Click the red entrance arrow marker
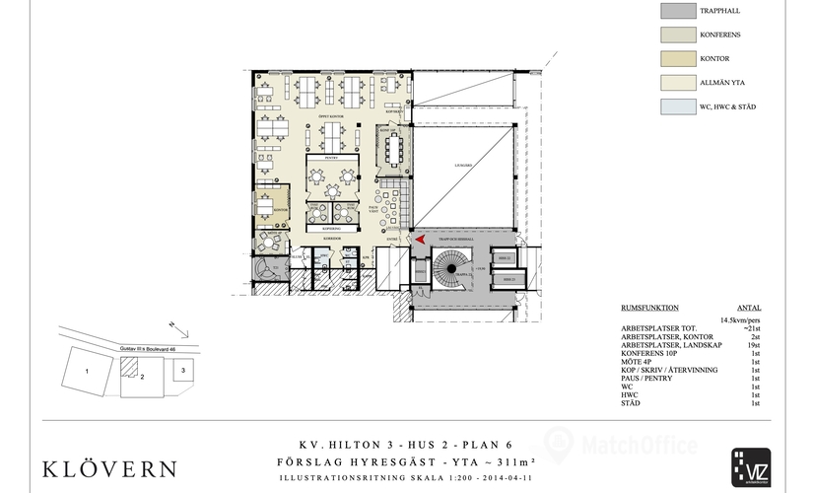[x=418, y=239]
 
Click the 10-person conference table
[x=397, y=150]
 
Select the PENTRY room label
[x=330, y=157]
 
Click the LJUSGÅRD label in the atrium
[x=464, y=166]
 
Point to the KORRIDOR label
[x=331, y=238]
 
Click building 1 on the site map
[x=89, y=373]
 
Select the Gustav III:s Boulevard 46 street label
[x=148, y=348]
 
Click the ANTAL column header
[x=749, y=308]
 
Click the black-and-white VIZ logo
[x=751, y=466]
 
